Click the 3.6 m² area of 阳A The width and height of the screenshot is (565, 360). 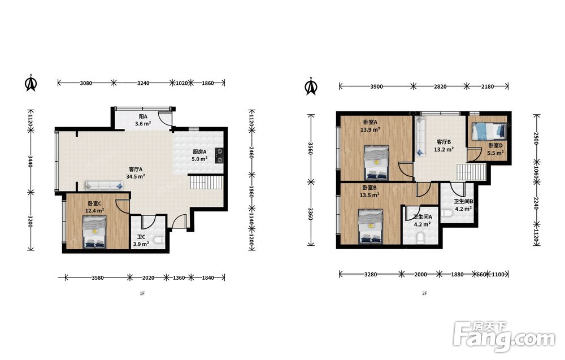pos(143,124)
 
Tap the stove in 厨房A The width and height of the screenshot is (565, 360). pos(219,155)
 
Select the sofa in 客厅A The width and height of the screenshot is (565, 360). pos(104,185)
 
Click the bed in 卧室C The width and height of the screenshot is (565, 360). pos(95,232)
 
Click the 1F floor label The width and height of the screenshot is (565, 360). pos(142,293)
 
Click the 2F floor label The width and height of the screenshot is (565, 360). pos(424,293)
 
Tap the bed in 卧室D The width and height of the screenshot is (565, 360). pos(489,131)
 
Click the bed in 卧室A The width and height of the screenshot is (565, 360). pos(376,163)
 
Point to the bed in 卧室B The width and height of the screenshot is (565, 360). pos(371,227)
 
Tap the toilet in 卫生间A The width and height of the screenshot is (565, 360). pos(420,238)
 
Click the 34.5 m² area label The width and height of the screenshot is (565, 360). pos(136,176)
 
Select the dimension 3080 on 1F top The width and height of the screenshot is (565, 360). pos(86,83)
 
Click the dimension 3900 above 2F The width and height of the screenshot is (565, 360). pos(376,86)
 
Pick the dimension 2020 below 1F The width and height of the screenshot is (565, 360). pos(148,278)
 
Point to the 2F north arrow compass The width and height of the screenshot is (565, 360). pos(311,86)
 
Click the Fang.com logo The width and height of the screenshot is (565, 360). pos(504,336)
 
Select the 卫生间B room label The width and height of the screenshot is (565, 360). pos(463,201)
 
